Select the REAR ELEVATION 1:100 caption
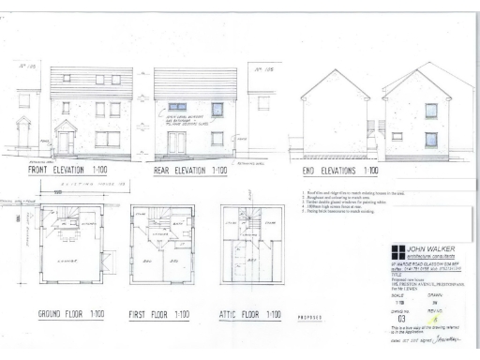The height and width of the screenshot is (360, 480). [191, 171]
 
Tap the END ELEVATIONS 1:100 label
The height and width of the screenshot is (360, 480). [340, 171]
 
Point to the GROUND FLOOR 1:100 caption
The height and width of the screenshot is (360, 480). [62, 312]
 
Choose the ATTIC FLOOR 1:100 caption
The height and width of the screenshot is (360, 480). [250, 313]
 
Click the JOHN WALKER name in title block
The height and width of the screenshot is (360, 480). [431, 250]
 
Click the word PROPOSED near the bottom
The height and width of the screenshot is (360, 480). [311, 317]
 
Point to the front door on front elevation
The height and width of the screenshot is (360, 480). [66, 142]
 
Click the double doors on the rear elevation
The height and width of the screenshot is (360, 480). [176, 142]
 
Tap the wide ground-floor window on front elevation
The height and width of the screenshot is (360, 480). [108, 139]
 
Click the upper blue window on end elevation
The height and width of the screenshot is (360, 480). [431, 110]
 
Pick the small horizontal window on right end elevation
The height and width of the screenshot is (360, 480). [397, 136]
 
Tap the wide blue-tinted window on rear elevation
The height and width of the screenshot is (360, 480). [176, 107]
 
